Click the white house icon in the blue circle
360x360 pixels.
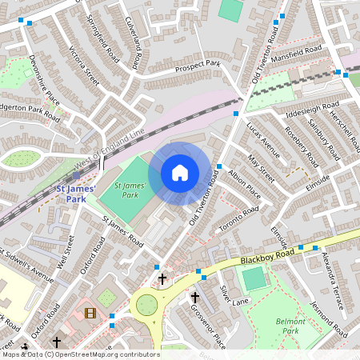click(180, 173)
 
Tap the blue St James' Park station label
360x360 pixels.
click(74, 194)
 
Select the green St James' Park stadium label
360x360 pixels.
click(127, 189)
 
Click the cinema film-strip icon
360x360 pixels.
click(90, 313)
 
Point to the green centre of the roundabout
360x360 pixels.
click(147, 305)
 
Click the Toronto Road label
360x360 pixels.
click(240, 217)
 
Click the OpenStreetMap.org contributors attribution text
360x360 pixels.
click(106, 354)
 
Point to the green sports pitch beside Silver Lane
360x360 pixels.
click(254, 279)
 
